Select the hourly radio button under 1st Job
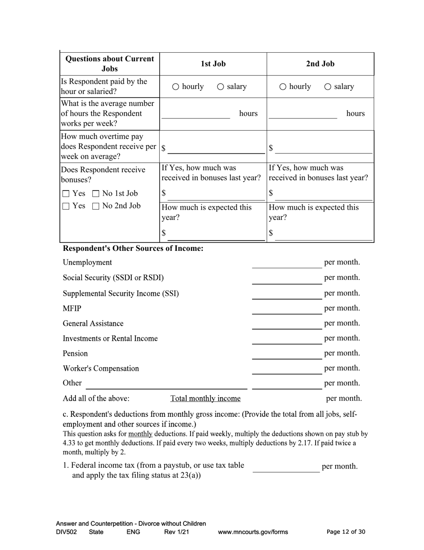[176, 87]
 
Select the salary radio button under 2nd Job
[328, 87]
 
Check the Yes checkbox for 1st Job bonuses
[66, 194]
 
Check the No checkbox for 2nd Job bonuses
[96, 206]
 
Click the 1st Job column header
[213, 63]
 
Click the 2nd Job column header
[320, 63]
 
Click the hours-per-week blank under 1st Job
[195, 114]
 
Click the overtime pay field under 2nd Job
[324, 148]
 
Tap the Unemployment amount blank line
[286, 263]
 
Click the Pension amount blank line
[286, 354]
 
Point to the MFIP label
[72, 309]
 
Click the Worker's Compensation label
[101, 368]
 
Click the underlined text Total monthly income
[205, 398]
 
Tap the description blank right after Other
[166, 384]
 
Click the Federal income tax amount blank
[286, 467]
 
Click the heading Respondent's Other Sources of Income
[133, 248]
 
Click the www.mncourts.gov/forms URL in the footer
[253, 532]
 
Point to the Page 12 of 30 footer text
[346, 532]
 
